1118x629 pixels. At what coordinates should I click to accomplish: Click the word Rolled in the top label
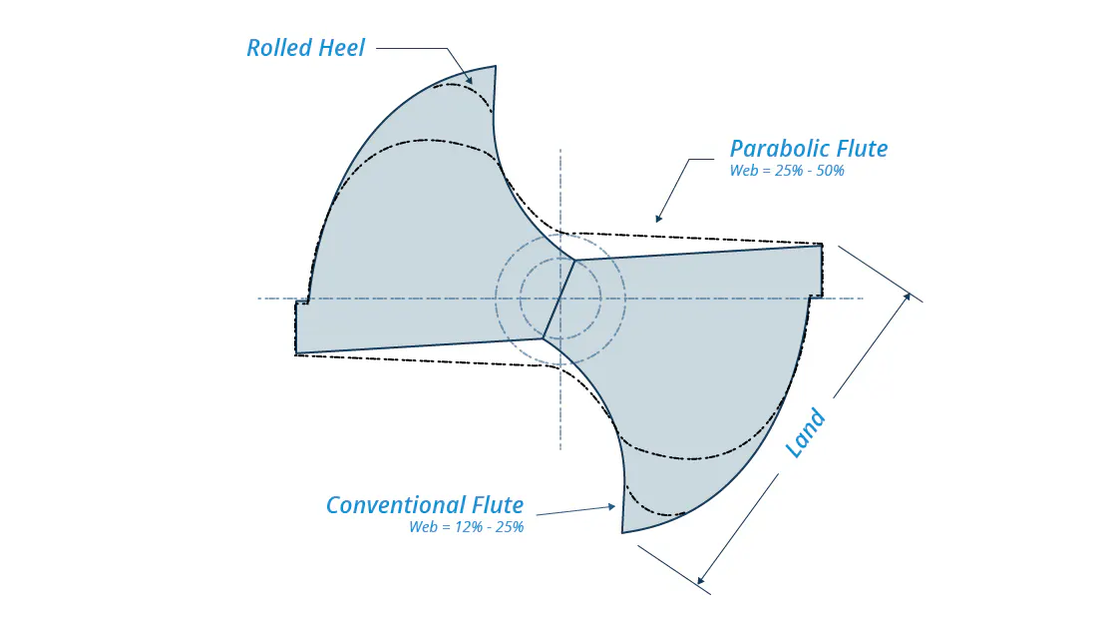(279, 48)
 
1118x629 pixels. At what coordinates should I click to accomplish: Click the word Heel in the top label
(341, 48)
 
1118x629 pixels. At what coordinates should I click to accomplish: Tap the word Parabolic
(779, 149)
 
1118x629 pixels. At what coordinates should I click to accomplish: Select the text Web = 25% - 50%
(787, 171)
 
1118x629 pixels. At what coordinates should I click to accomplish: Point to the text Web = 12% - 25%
(467, 527)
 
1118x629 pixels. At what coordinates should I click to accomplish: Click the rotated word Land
(805, 432)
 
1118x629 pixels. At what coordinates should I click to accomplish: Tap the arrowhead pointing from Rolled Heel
(469, 79)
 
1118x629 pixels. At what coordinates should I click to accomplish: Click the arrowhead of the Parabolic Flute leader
(659, 217)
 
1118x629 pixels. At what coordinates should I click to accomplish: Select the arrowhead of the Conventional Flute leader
(610, 506)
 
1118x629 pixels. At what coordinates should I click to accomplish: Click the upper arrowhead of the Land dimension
(907, 297)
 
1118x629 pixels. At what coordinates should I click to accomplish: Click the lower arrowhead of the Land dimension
(701, 579)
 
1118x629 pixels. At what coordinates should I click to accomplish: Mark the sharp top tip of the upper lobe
(495, 67)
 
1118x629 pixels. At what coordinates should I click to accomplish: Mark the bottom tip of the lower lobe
(622, 532)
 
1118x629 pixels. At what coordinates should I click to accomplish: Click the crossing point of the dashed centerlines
(560, 299)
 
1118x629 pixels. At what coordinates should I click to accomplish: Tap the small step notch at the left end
(302, 302)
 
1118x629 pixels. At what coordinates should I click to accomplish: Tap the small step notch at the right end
(817, 295)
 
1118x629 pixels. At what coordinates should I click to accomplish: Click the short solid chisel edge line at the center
(559, 299)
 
